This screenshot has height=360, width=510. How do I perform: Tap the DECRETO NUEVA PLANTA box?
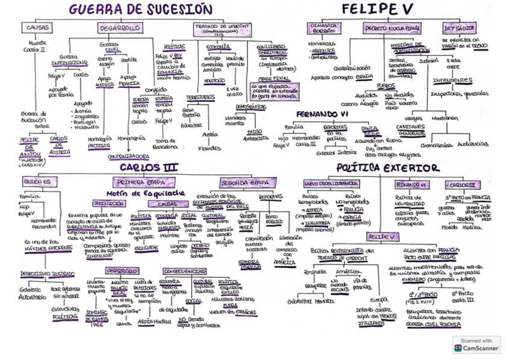click(x=392, y=28)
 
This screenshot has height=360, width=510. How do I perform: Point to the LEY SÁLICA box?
click(x=459, y=28)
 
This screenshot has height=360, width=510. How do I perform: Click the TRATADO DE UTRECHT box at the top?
click(x=220, y=29)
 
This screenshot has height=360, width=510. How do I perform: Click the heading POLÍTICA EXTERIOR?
click(x=388, y=168)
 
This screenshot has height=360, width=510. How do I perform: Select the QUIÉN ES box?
click(x=38, y=182)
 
